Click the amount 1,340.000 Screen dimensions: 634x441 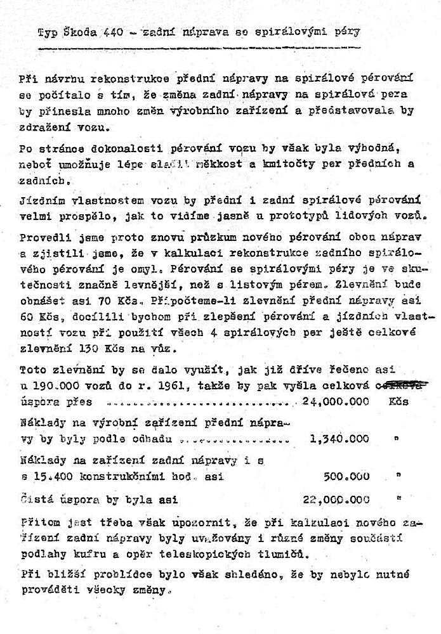339,437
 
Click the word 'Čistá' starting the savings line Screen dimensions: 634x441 37,499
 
